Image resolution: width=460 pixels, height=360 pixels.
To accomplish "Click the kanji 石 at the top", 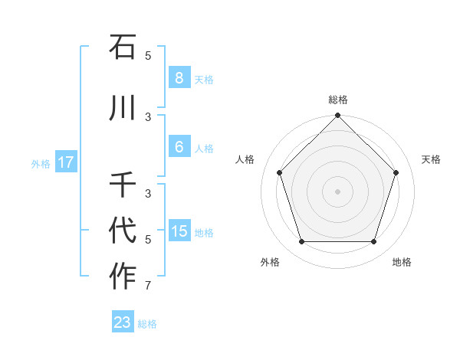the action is pyautogui.click(x=123, y=47).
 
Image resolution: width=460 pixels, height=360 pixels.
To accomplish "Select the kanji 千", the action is pyautogui.click(x=123, y=185).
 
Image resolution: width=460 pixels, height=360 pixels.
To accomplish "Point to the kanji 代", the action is pyautogui.click(x=123, y=231).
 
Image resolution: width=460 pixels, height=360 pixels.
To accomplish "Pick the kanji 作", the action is pyautogui.click(x=123, y=277).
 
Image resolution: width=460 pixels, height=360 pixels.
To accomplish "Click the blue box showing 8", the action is pyautogui.click(x=179, y=78).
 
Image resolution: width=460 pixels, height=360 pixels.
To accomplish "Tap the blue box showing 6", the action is pyautogui.click(x=179, y=147).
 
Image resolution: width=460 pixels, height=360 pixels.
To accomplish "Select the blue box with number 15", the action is pyautogui.click(x=179, y=231).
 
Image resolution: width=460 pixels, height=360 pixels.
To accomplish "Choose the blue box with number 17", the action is pyautogui.click(x=65, y=162).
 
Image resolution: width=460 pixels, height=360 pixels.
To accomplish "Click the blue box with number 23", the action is pyautogui.click(x=123, y=322).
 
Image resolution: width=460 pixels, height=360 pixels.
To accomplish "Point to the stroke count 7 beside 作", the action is pyautogui.click(x=148, y=286).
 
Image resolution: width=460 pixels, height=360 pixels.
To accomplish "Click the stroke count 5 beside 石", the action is pyautogui.click(x=148, y=55).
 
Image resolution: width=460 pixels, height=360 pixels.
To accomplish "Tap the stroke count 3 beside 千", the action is pyautogui.click(x=148, y=194).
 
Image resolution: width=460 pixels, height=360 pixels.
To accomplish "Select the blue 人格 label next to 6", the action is pyautogui.click(x=204, y=148).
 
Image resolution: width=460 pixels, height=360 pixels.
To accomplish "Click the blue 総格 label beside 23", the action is pyautogui.click(x=147, y=324).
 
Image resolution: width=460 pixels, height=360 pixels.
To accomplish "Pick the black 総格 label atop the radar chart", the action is pyautogui.click(x=338, y=100).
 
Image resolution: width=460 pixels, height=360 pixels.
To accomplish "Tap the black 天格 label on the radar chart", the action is pyautogui.click(x=432, y=159).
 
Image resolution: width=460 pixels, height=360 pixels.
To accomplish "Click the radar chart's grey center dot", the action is pyautogui.click(x=338, y=191).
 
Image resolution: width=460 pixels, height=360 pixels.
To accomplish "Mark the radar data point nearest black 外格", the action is pyautogui.click(x=301, y=242).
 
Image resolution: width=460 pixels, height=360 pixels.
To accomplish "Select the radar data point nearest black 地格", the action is pyautogui.click(x=374, y=242).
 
